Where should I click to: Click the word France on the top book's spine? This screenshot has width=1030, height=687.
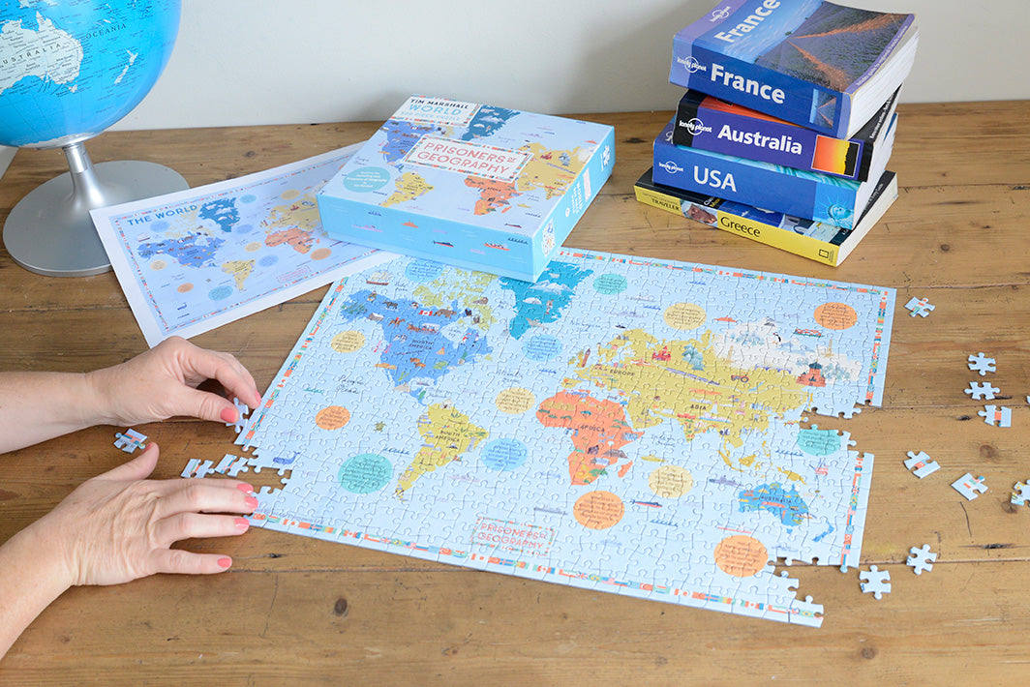[746, 84]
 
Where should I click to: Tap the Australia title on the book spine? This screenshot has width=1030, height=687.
[761, 140]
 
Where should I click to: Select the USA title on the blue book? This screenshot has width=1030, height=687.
[714, 179]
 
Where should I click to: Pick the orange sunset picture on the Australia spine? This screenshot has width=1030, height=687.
[834, 154]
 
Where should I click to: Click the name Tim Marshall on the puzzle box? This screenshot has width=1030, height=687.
[427, 107]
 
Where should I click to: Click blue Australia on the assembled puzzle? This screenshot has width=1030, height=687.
[773, 500]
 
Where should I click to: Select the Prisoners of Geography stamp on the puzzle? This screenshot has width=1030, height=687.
[511, 535]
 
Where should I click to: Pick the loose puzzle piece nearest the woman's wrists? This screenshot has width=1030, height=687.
[130, 440]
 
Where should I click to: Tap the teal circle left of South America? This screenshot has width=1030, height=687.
[365, 473]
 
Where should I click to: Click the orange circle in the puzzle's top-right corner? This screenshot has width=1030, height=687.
[834, 315]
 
